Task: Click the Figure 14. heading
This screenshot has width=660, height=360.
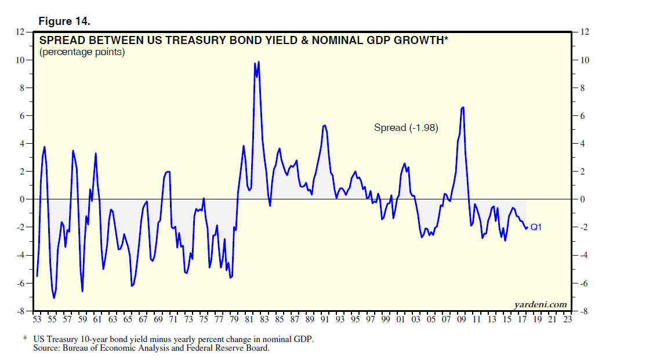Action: point(64,21)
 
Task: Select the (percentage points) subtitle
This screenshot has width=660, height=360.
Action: point(82,52)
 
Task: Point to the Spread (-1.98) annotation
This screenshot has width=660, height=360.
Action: point(405,128)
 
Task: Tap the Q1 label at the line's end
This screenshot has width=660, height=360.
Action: point(536,227)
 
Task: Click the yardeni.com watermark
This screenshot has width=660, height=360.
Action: point(540,304)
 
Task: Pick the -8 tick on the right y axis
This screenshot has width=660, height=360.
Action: point(580,311)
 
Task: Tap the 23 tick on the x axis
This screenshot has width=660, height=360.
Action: point(567,319)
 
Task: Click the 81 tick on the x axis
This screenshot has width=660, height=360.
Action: point(248,319)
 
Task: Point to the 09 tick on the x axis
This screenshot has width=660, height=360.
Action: point(461,319)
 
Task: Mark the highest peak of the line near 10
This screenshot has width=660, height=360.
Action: point(258,61)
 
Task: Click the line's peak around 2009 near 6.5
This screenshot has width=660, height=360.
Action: point(463,107)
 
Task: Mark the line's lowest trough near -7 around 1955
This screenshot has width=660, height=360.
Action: point(55,298)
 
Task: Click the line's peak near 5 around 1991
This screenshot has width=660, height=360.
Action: point(324,125)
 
